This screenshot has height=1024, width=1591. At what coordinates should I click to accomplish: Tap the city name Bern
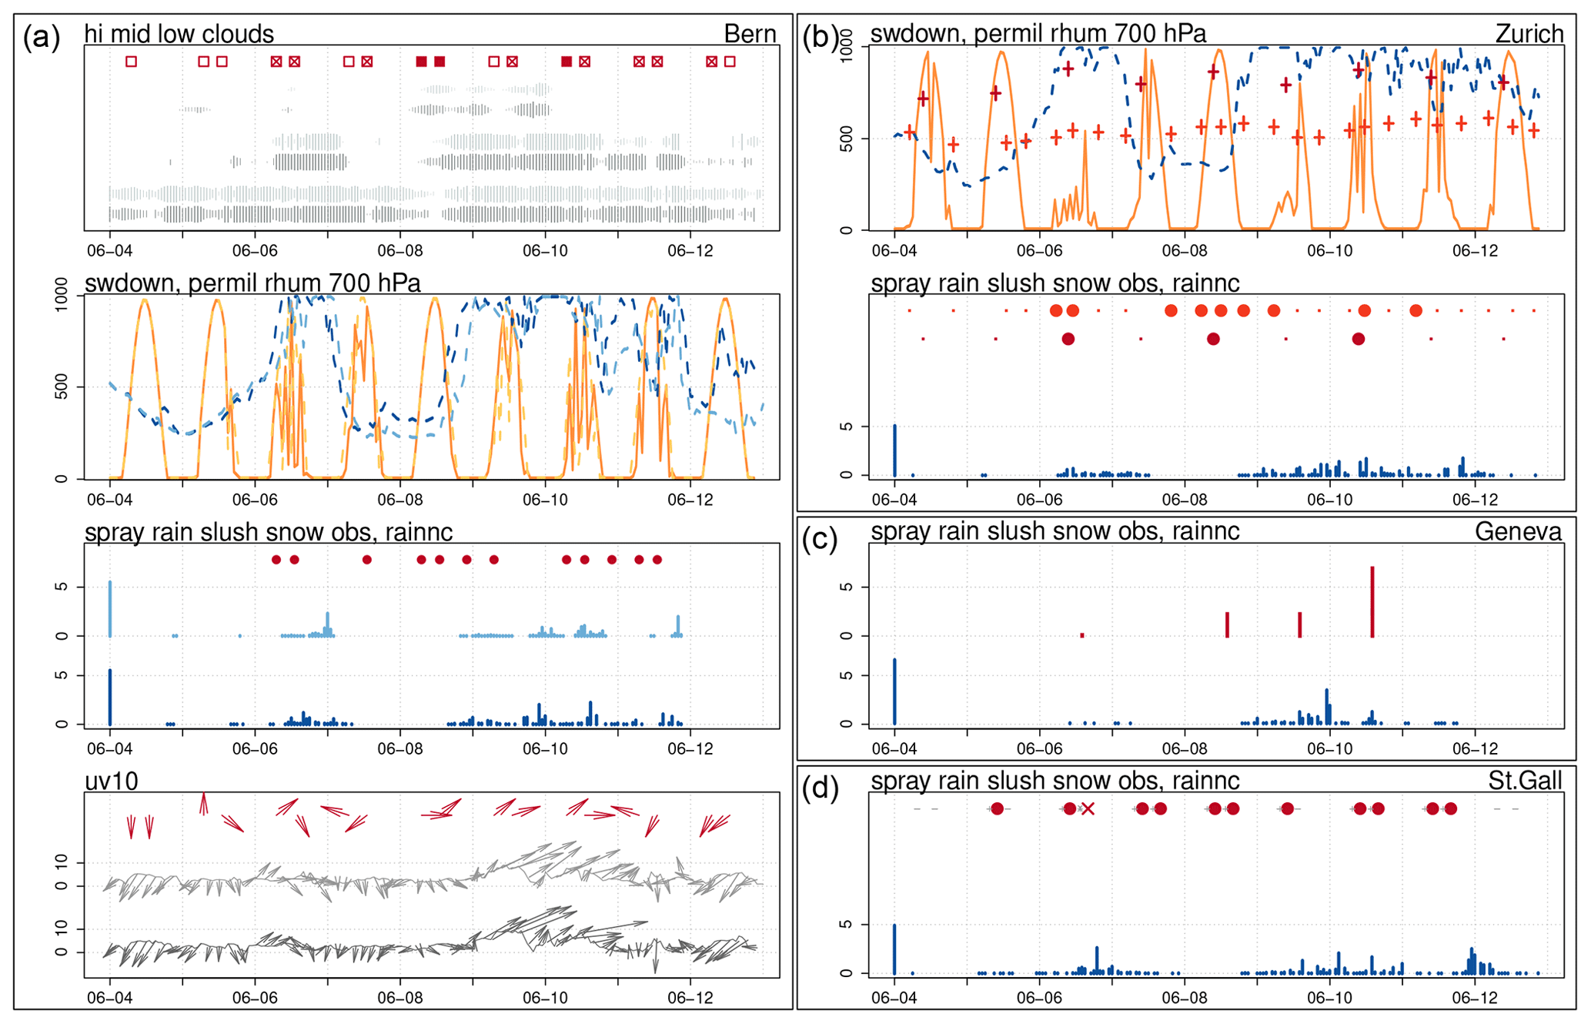(750, 34)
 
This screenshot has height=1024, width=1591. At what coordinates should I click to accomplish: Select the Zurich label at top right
(1529, 34)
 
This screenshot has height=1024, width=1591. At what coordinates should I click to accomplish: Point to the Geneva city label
(1518, 531)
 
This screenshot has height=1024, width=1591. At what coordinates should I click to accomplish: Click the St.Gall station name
(1525, 781)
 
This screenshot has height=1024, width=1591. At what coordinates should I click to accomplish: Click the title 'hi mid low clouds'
(179, 34)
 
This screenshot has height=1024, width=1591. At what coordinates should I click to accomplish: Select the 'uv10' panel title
(112, 781)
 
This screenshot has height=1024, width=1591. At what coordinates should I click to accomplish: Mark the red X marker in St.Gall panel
(1088, 808)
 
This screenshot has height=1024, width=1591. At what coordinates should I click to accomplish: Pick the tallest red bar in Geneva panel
(1372, 602)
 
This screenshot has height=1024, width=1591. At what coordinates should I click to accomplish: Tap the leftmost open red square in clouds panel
(132, 62)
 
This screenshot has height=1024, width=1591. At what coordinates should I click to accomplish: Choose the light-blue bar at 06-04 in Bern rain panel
(110, 609)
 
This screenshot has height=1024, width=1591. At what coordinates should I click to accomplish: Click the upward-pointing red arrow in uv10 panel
(203, 802)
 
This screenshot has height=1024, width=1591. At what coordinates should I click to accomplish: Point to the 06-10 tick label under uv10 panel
(545, 999)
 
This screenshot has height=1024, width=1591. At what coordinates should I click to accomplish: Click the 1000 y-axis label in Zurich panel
(847, 46)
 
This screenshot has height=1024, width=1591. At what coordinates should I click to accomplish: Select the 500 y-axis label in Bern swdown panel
(62, 387)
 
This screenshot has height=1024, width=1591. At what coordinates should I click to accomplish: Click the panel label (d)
(821, 790)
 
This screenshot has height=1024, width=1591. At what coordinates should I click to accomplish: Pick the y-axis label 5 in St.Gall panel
(847, 925)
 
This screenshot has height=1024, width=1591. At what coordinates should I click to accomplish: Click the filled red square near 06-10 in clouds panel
(567, 62)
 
